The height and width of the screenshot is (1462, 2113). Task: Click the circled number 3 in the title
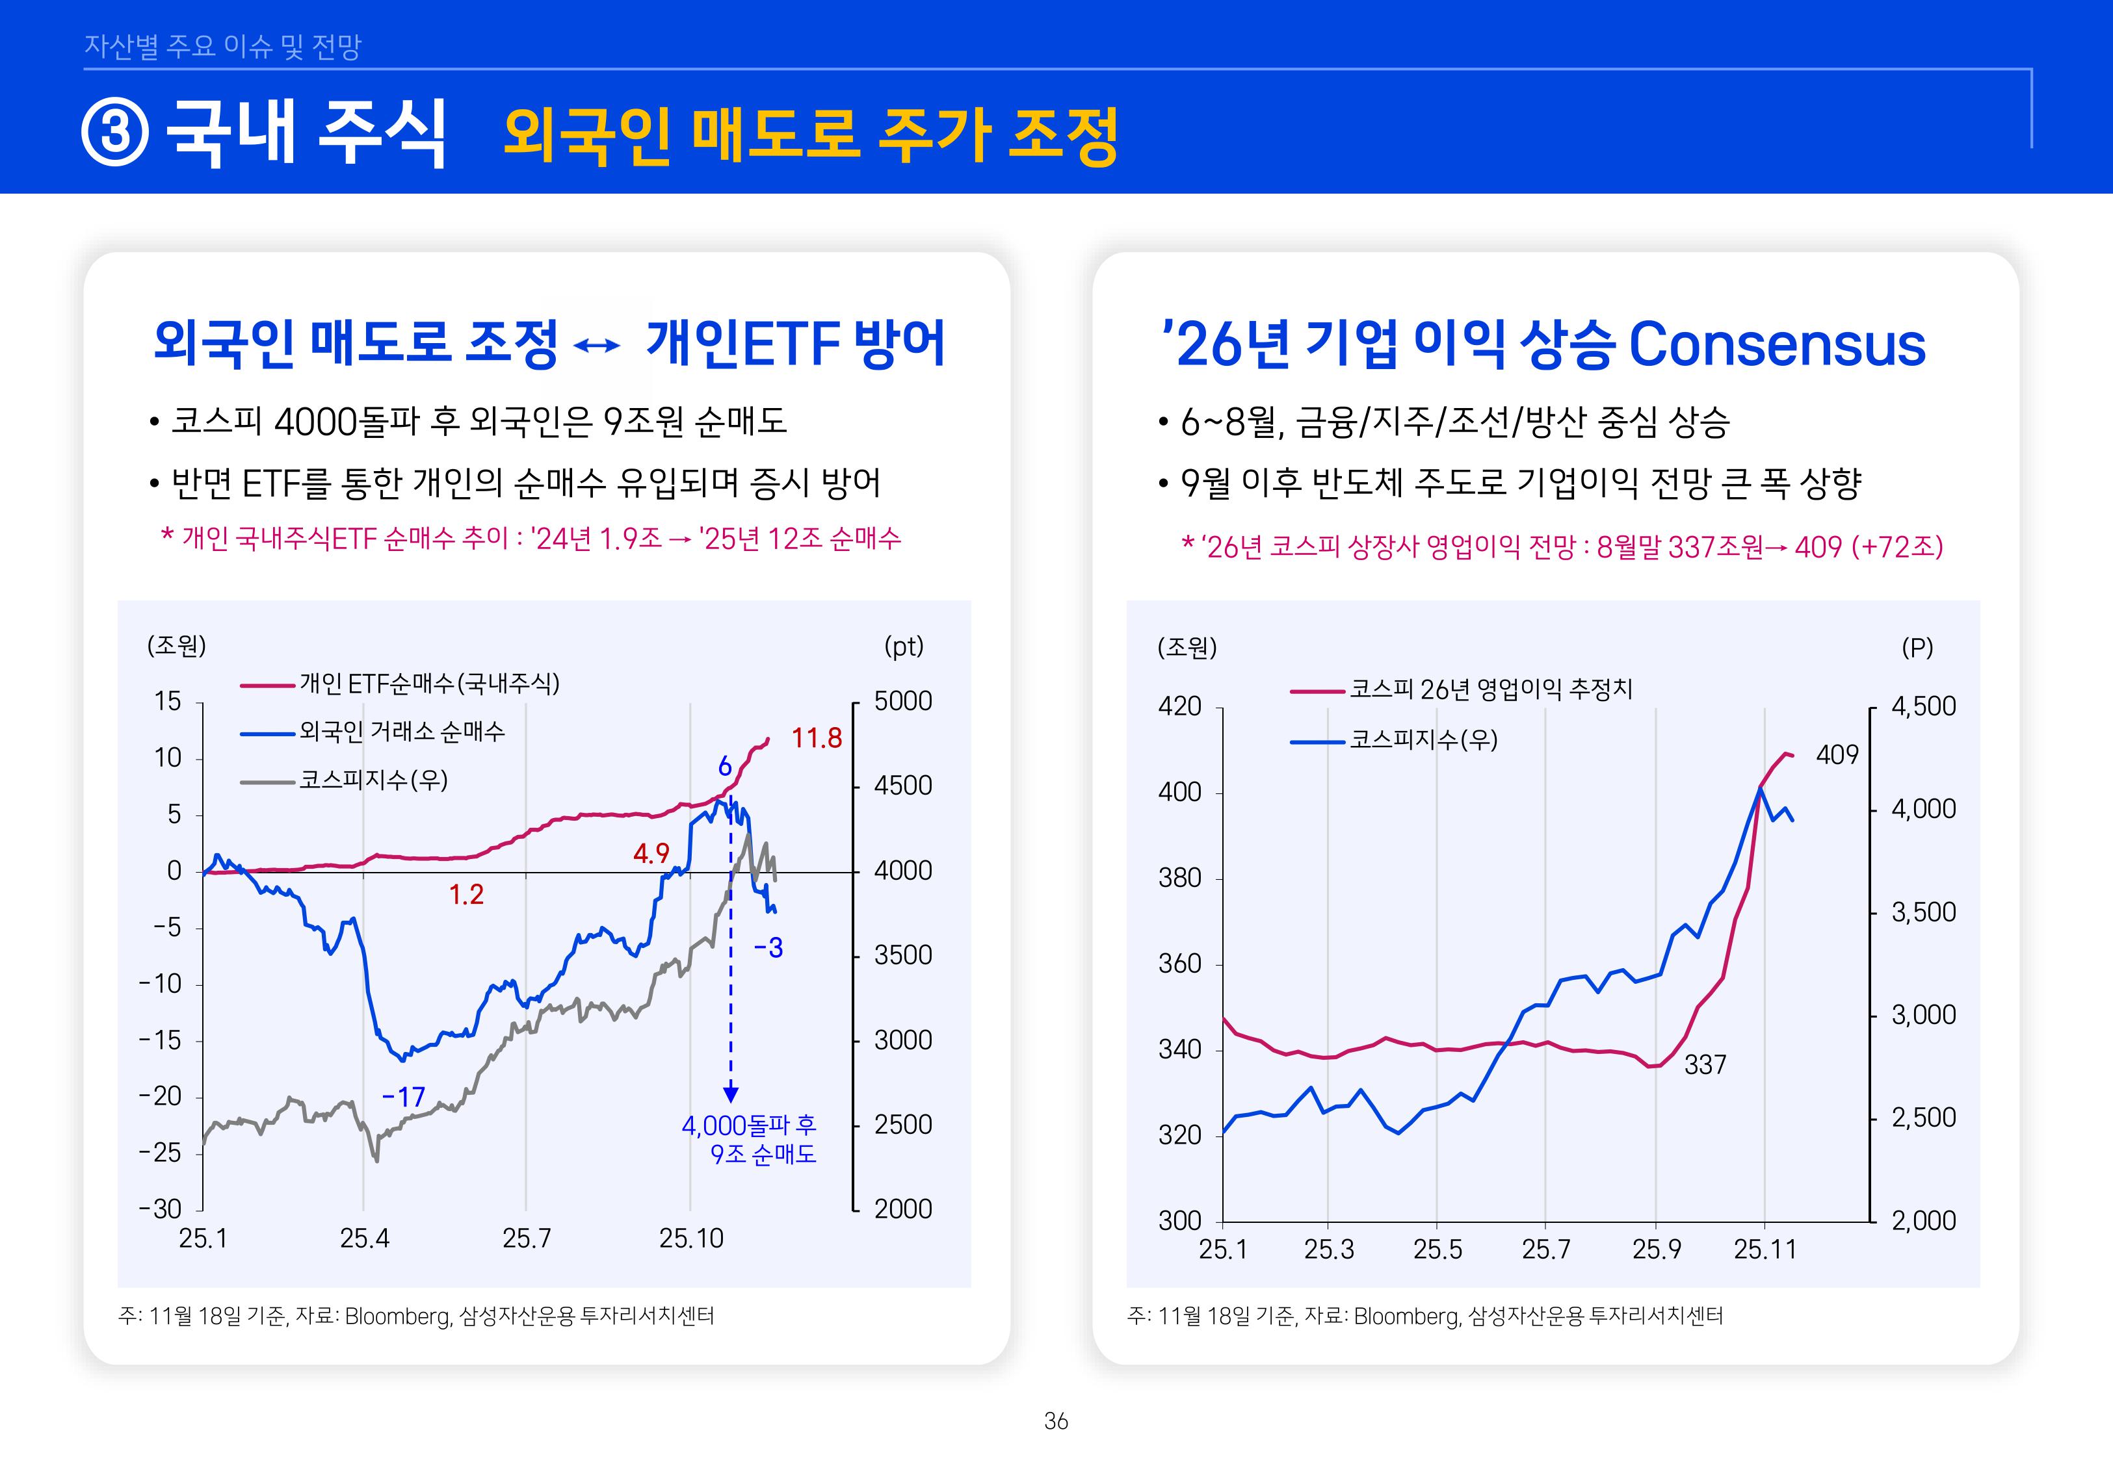114,134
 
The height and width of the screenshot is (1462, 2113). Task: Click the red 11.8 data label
815,738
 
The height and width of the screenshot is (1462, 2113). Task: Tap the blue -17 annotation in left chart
403,1097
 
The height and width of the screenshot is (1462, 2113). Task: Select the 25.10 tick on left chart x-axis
691,1238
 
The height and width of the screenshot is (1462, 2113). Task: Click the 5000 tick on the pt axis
902,702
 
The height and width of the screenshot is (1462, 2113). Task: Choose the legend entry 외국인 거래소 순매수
401,732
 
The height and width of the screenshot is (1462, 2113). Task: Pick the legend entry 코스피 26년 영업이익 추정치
1490,689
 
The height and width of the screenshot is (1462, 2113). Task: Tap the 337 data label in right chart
1704,1064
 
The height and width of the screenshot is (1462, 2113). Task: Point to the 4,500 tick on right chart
1923,706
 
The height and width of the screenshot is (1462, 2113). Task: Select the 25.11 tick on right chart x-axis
1764,1250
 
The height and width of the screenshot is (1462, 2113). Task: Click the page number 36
1056,1421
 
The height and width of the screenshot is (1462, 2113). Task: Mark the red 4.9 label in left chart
651,854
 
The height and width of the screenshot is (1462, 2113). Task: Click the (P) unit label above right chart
1917,648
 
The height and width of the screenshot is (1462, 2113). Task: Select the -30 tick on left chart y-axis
161,1209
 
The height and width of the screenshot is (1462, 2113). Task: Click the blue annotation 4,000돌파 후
748,1125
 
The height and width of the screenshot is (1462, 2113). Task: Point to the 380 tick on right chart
1179,878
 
